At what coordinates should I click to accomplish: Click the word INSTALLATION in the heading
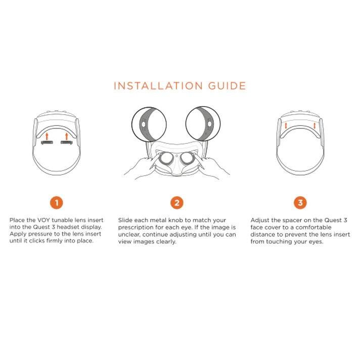pos(158,86)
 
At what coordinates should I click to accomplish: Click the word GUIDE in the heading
pos(227,86)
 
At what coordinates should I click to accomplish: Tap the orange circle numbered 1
pos(56,203)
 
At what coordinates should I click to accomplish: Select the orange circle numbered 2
pos(177,203)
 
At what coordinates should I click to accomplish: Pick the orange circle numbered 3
pos(300,203)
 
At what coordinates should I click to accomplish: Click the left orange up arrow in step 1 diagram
pos(47,136)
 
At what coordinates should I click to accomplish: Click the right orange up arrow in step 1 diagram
pos(67,136)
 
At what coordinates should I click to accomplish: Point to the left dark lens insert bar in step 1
pos(47,143)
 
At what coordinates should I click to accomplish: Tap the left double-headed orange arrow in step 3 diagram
pos(286,126)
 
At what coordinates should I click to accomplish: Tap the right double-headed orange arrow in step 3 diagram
pos(314,126)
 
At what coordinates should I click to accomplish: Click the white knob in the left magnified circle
pos(144,124)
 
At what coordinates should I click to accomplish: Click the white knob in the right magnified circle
pos(209,124)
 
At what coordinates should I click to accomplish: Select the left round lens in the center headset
pos(166,158)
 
